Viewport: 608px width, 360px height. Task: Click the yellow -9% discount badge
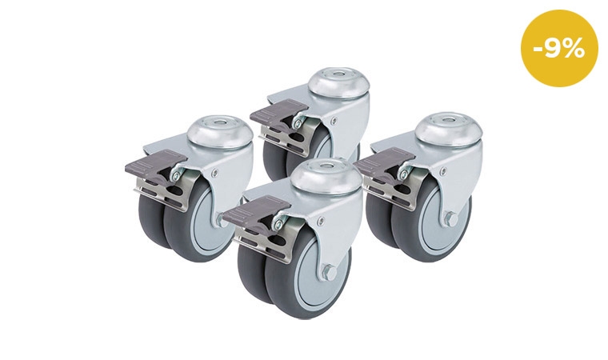click(x=559, y=48)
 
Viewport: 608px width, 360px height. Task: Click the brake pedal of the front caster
click(x=257, y=210)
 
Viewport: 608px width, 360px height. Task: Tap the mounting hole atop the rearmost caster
click(x=334, y=74)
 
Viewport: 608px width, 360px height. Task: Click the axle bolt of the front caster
click(x=329, y=270)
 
